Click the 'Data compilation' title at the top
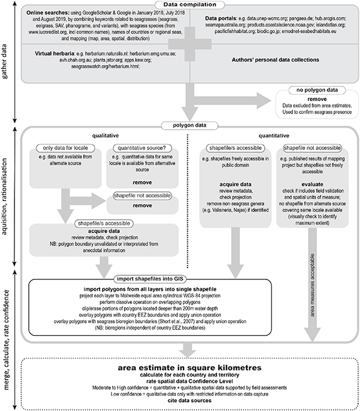189,5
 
